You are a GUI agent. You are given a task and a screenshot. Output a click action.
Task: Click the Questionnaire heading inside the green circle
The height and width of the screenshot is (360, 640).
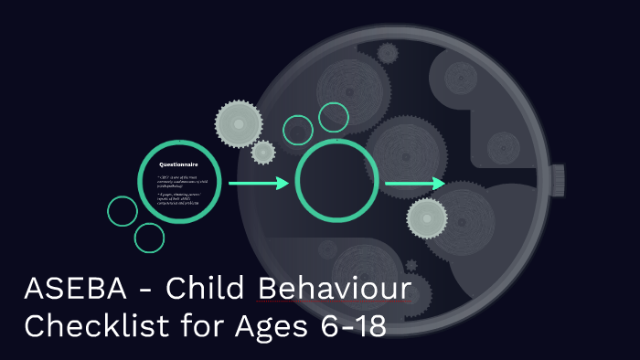point(179,164)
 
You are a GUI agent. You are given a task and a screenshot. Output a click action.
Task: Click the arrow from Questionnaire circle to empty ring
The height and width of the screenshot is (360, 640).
point(258,184)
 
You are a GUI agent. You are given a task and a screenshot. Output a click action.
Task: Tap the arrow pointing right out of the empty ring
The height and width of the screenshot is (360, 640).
point(414,185)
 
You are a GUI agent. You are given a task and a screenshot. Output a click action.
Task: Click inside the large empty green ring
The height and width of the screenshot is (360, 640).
point(332,179)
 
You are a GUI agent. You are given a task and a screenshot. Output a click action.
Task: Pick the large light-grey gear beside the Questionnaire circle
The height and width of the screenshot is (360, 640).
point(238,121)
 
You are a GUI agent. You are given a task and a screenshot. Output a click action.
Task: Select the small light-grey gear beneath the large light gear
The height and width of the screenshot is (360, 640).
point(263,152)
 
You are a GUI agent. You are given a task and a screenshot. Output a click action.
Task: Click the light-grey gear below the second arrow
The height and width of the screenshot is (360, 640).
point(427,218)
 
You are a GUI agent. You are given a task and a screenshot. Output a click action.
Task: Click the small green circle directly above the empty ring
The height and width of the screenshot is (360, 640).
point(298,130)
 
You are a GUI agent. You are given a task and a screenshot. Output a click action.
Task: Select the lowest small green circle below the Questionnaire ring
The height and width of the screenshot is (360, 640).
point(149,238)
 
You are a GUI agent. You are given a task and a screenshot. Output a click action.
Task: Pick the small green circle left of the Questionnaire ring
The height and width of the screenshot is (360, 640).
point(123,211)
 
